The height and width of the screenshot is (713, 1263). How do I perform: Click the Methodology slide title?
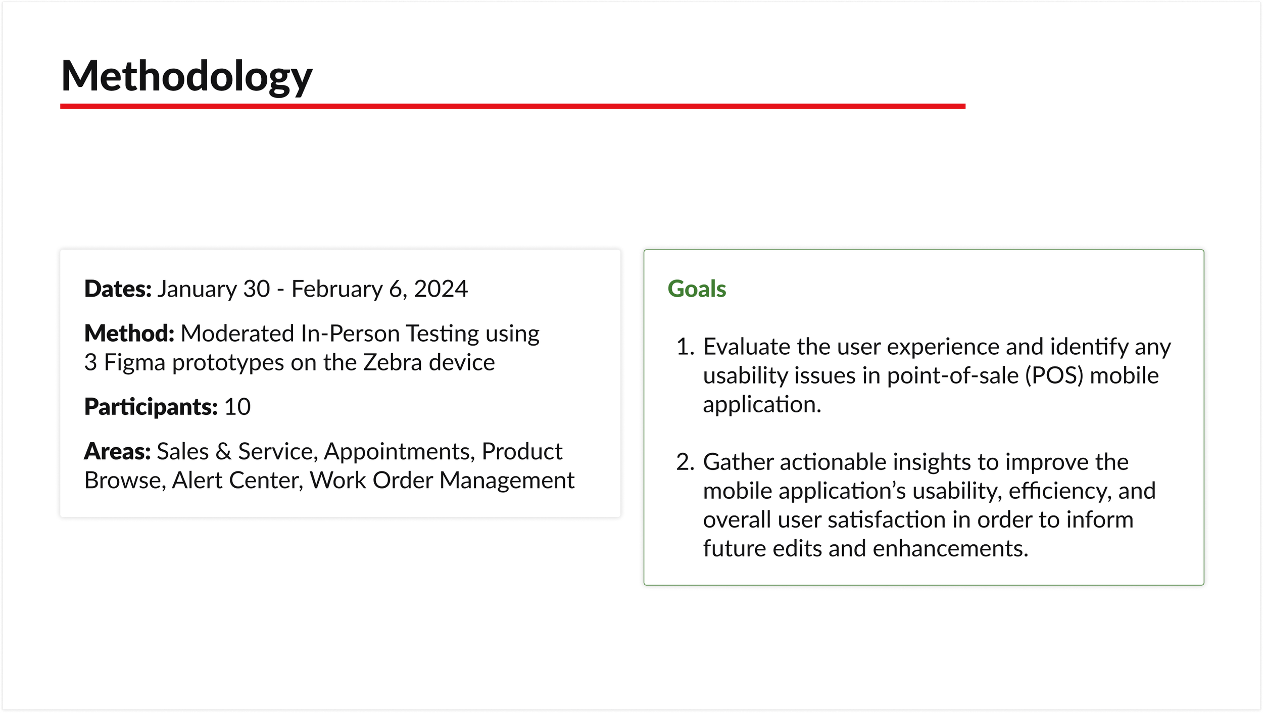(x=186, y=77)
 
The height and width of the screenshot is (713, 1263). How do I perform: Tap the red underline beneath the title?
(x=513, y=106)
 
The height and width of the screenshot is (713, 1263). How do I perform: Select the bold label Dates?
(x=118, y=289)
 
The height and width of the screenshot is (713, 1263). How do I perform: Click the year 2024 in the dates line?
(x=441, y=289)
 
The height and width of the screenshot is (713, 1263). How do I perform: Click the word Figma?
(x=135, y=363)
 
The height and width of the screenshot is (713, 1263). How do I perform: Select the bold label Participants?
(x=151, y=407)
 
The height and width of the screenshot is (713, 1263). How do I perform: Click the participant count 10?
(x=237, y=407)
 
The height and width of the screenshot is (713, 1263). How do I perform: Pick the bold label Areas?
(x=117, y=451)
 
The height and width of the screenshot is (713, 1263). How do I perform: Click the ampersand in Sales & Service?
(x=223, y=451)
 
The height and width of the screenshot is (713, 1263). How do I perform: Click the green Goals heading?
(x=697, y=289)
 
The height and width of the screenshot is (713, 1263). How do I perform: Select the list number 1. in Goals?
(x=685, y=347)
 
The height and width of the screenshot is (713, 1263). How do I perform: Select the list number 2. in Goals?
(x=685, y=462)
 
